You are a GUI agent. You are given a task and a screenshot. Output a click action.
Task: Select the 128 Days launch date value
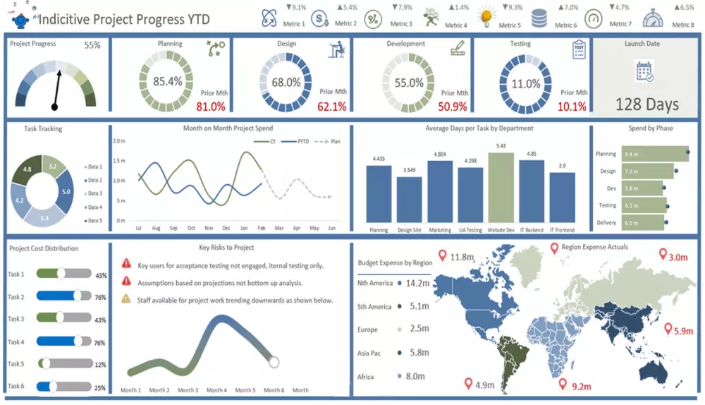pos(647,104)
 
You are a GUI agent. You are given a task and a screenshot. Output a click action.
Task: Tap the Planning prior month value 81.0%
pos(210,107)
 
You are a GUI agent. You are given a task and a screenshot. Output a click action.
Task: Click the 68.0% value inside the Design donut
pos(286,83)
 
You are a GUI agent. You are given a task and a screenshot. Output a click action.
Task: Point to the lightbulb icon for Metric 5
pos(486,16)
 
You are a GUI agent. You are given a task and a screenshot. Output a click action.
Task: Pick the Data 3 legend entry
pos(93,193)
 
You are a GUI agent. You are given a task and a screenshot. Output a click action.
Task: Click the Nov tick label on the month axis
pos(209,229)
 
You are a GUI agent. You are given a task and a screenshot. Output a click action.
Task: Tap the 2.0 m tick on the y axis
pos(119,142)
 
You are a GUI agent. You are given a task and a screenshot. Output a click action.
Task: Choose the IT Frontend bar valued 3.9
pos(562,197)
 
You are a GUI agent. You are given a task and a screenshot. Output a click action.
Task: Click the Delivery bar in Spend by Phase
pos(631,223)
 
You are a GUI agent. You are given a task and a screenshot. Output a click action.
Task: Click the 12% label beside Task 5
pos(100,365)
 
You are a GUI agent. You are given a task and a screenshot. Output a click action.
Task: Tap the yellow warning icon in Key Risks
pos(126,299)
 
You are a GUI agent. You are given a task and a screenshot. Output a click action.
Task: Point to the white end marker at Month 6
pos(274,362)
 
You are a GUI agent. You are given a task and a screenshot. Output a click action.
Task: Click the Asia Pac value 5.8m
pos(419,353)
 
